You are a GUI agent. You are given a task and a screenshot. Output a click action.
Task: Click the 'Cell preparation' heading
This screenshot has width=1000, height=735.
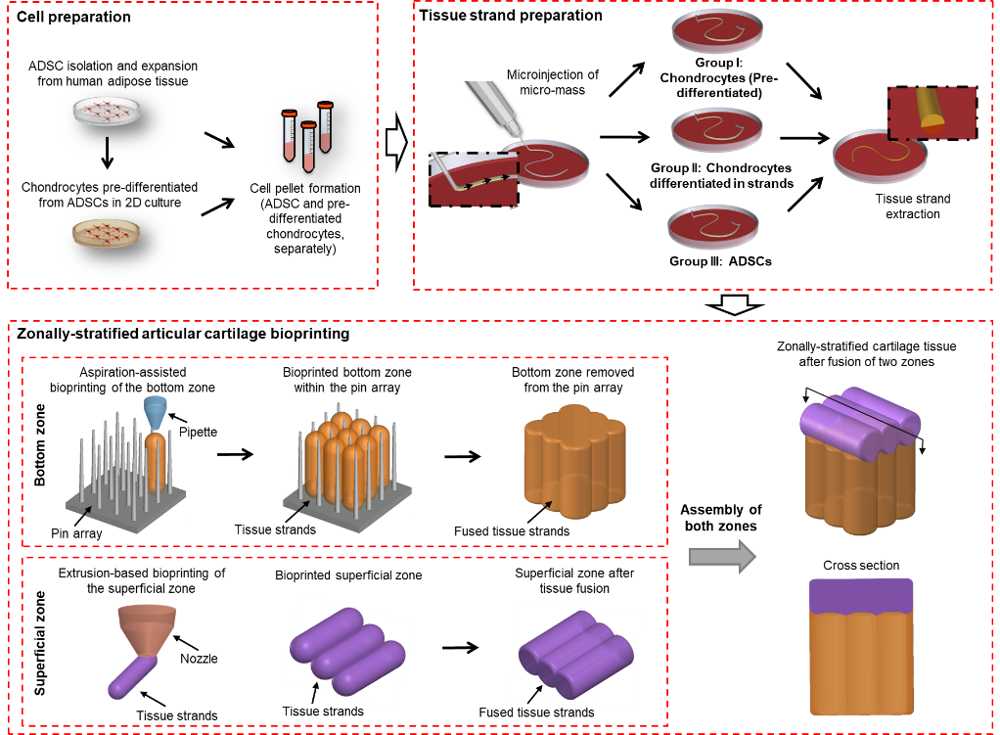click(73, 17)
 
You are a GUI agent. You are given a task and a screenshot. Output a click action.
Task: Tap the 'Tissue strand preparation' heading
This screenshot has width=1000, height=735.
click(510, 16)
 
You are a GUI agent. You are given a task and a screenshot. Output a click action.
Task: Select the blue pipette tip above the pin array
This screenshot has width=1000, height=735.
click(156, 413)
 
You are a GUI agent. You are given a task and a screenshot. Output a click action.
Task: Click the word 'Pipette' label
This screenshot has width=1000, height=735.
click(198, 432)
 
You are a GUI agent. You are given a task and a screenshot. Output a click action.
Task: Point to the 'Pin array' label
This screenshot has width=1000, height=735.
click(76, 532)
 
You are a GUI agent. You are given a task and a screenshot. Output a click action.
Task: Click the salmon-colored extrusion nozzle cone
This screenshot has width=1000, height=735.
click(148, 630)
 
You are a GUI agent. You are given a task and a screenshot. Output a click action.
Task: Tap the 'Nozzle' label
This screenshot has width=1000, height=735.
click(199, 659)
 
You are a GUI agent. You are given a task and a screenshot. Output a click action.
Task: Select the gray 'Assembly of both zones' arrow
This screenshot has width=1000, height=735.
click(722, 556)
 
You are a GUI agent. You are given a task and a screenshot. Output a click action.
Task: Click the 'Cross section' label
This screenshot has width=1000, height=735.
click(861, 566)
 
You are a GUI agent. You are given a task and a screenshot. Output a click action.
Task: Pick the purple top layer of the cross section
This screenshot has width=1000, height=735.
click(861, 596)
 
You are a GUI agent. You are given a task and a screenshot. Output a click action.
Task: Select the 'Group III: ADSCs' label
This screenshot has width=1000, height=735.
click(721, 261)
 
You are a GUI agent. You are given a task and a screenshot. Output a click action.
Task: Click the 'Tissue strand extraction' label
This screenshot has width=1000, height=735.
click(913, 207)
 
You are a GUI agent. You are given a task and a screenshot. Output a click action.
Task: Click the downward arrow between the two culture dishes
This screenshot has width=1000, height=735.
click(108, 153)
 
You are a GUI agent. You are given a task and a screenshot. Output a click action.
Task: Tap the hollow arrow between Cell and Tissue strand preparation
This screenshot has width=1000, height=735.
click(396, 143)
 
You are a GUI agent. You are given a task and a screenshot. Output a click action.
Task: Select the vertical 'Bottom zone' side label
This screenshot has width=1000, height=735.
click(39, 444)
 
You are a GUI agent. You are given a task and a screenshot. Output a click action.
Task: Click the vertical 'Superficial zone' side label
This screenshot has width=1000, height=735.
click(39, 643)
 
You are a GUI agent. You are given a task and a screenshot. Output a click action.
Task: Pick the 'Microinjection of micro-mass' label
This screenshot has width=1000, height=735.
click(552, 82)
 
